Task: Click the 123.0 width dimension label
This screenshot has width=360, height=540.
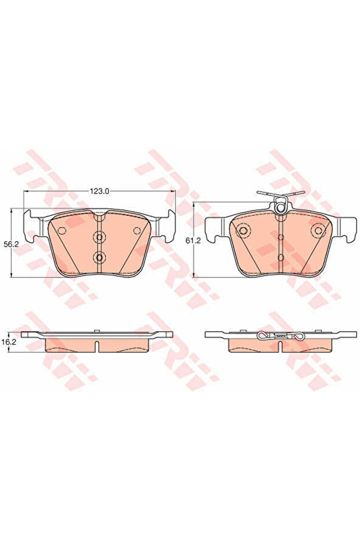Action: pos(99,191)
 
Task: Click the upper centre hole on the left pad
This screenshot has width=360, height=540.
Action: pos(100,237)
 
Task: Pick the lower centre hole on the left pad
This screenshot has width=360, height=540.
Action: pos(100,256)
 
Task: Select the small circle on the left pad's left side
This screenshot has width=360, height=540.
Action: pos(62,231)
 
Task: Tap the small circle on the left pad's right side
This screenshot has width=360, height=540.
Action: pos(137,231)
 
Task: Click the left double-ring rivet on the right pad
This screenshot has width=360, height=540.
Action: pos(244,230)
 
